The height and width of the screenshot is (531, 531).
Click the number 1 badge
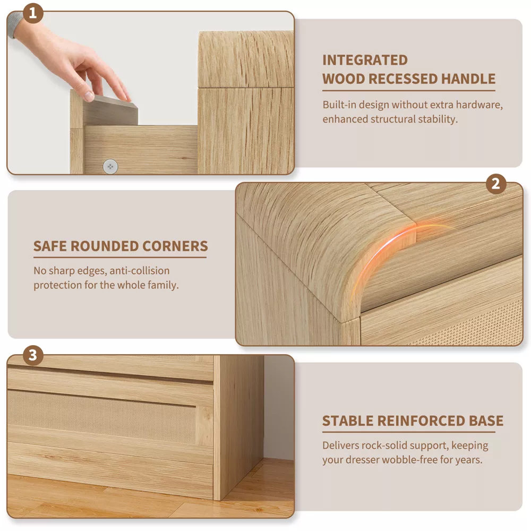tap(33, 13)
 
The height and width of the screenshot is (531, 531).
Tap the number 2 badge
tap(496, 184)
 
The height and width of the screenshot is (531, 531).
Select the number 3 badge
tap(33, 355)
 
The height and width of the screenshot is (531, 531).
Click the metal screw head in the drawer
tap(110, 166)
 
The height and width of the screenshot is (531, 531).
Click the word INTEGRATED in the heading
tap(365, 61)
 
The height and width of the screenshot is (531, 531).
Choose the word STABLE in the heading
tap(347, 421)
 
